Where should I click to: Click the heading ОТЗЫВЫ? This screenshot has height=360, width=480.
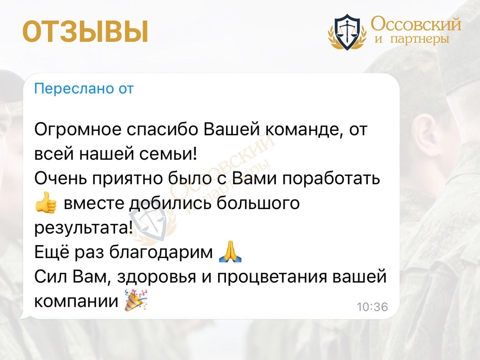[85, 32]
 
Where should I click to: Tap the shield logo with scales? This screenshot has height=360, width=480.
[347, 32]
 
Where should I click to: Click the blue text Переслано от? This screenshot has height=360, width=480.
[84, 89]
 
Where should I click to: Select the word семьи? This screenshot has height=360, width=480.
[168, 154]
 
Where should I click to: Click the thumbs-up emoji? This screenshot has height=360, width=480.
[46, 202]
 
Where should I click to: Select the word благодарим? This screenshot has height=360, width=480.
[161, 252]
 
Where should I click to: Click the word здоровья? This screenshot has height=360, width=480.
[156, 277]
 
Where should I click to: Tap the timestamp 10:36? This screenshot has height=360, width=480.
[372, 307]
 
